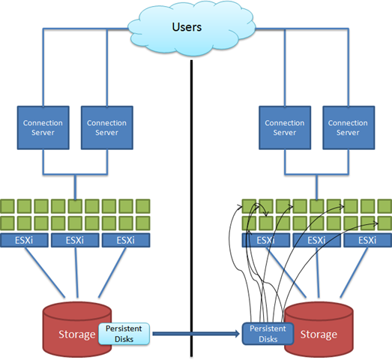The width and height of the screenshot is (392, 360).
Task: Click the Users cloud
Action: pyautogui.click(x=191, y=28)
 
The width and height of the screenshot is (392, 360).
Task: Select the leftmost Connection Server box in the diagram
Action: pyautogui.click(x=43, y=127)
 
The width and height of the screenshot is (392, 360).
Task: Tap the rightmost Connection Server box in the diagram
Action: pyautogui.click(x=349, y=127)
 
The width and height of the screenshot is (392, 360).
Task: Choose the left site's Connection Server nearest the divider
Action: pyautogui.click(x=107, y=127)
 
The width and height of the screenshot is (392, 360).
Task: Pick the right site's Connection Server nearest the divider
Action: pyautogui.click(x=285, y=127)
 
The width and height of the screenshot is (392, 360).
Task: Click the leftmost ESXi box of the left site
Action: pyautogui.click(x=24, y=241)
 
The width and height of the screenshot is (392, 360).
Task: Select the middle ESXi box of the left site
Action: pyautogui.click(x=75, y=241)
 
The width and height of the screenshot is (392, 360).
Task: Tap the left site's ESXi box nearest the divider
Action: pyautogui.click(x=126, y=241)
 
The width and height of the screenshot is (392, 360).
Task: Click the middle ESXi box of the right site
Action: pyautogui.click(x=316, y=241)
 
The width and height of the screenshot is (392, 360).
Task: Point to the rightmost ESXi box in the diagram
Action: pyautogui.click(x=368, y=241)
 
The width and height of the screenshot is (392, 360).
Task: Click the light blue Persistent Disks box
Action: pyautogui.click(x=124, y=334)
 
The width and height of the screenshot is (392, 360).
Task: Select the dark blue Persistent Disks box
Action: pyautogui.click(x=268, y=334)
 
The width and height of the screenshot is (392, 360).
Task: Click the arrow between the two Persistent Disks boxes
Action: pyautogui.click(x=196, y=334)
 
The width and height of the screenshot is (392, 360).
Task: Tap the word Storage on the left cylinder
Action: pyautogui.click(x=77, y=334)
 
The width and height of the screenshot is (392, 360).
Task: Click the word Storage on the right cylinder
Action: pyautogui.click(x=319, y=334)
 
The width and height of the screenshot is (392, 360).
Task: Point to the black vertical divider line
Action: pyautogui.click(x=191, y=208)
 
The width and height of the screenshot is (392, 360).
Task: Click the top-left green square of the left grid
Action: pyautogui.click(x=7, y=206)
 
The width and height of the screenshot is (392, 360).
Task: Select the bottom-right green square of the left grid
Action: pyautogui.click(x=143, y=223)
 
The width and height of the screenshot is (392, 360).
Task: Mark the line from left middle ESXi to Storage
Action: pyautogui.click(x=76, y=272)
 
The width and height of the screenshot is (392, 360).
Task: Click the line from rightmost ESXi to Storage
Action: pyautogui.click(x=354, y=272)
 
